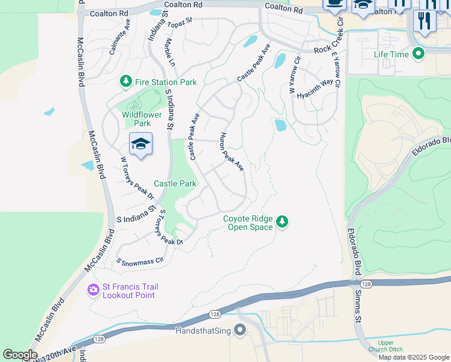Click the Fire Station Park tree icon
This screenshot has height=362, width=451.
click(126, 81)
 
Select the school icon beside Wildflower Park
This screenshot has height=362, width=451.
click(140, 144)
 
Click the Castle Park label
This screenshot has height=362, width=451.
click(175, 183)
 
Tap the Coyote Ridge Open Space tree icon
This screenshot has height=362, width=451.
click(282, 223)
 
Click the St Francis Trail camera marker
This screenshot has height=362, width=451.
click(93, 291)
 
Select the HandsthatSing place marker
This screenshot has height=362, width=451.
click(240, 331)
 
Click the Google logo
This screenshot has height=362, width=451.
click(20, 355)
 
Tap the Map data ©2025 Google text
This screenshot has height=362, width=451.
click(414, 357)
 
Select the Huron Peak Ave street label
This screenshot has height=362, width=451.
click(232, 151)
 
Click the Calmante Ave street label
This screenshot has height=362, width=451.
click(120, 36)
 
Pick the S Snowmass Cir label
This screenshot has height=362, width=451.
click(140, 262)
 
